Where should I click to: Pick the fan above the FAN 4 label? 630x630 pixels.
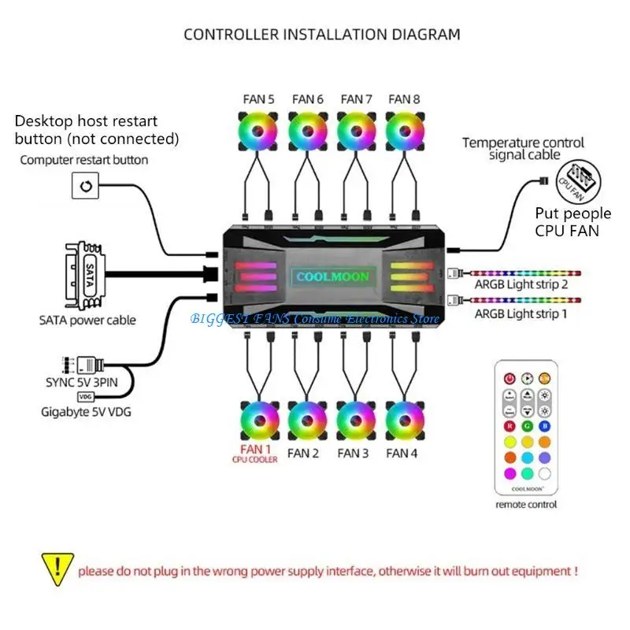pos(404,421)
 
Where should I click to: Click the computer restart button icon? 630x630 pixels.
pos(84,187)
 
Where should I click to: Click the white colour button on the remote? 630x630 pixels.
pos(544,473)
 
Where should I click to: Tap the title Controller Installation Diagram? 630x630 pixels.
pos(321,35)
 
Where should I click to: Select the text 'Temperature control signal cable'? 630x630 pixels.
pos(523,148)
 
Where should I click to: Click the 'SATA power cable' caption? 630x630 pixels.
pos(87,320)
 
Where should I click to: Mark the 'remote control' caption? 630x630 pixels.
pos(526,504)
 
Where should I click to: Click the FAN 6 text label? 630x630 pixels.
pos(307,99)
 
